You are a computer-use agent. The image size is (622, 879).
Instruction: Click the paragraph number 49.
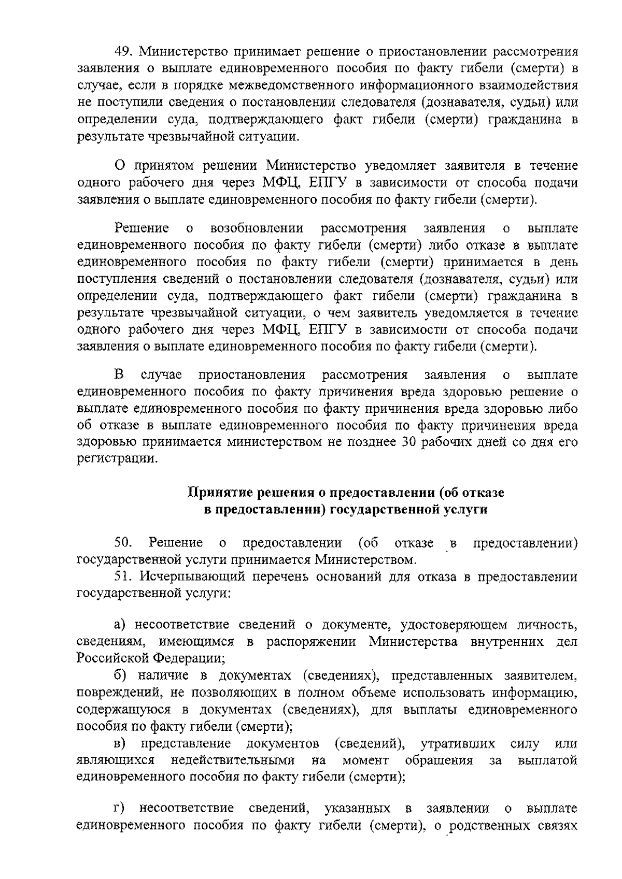click(124, 52)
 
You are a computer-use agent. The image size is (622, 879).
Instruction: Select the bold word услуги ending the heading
click(467, 509)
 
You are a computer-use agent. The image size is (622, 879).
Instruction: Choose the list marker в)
click(120, 744)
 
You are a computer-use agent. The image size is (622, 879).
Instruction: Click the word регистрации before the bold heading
click(116, 459)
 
